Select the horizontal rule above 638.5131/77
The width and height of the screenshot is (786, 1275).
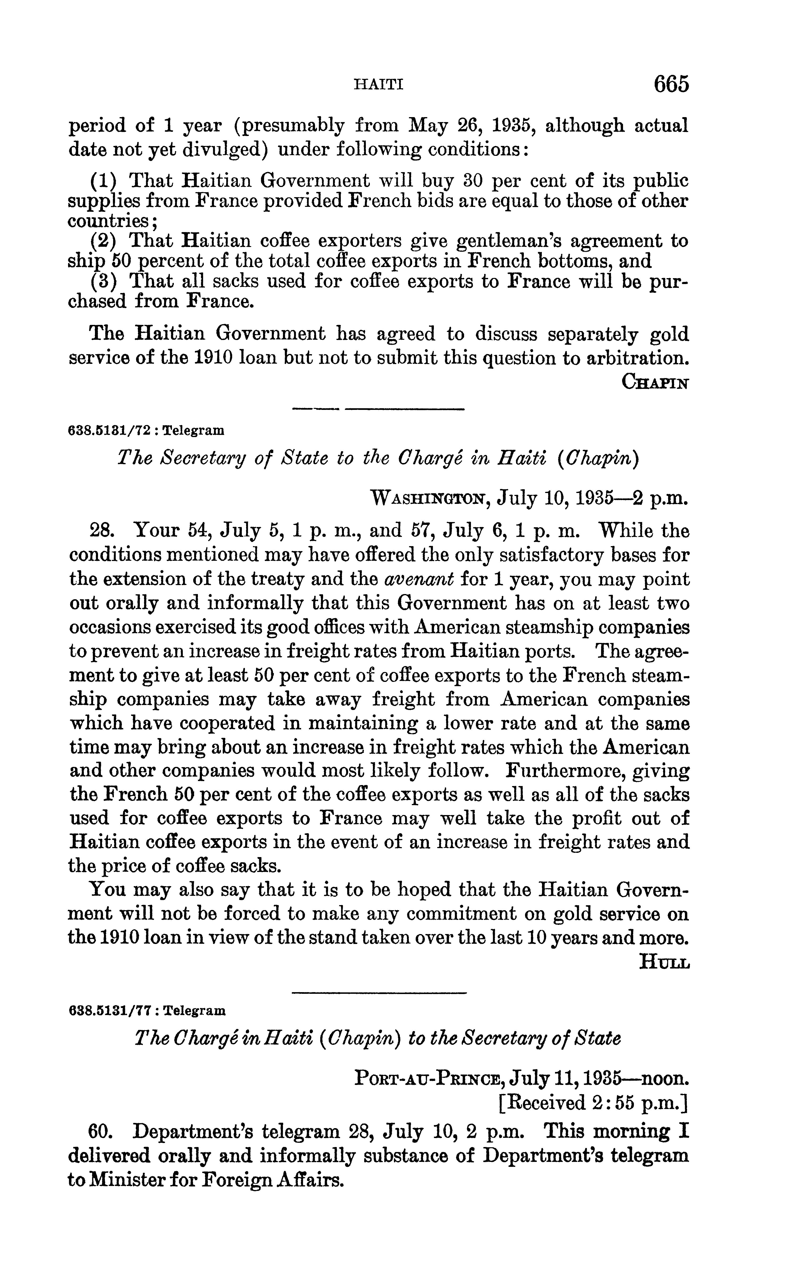coord(379,993)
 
